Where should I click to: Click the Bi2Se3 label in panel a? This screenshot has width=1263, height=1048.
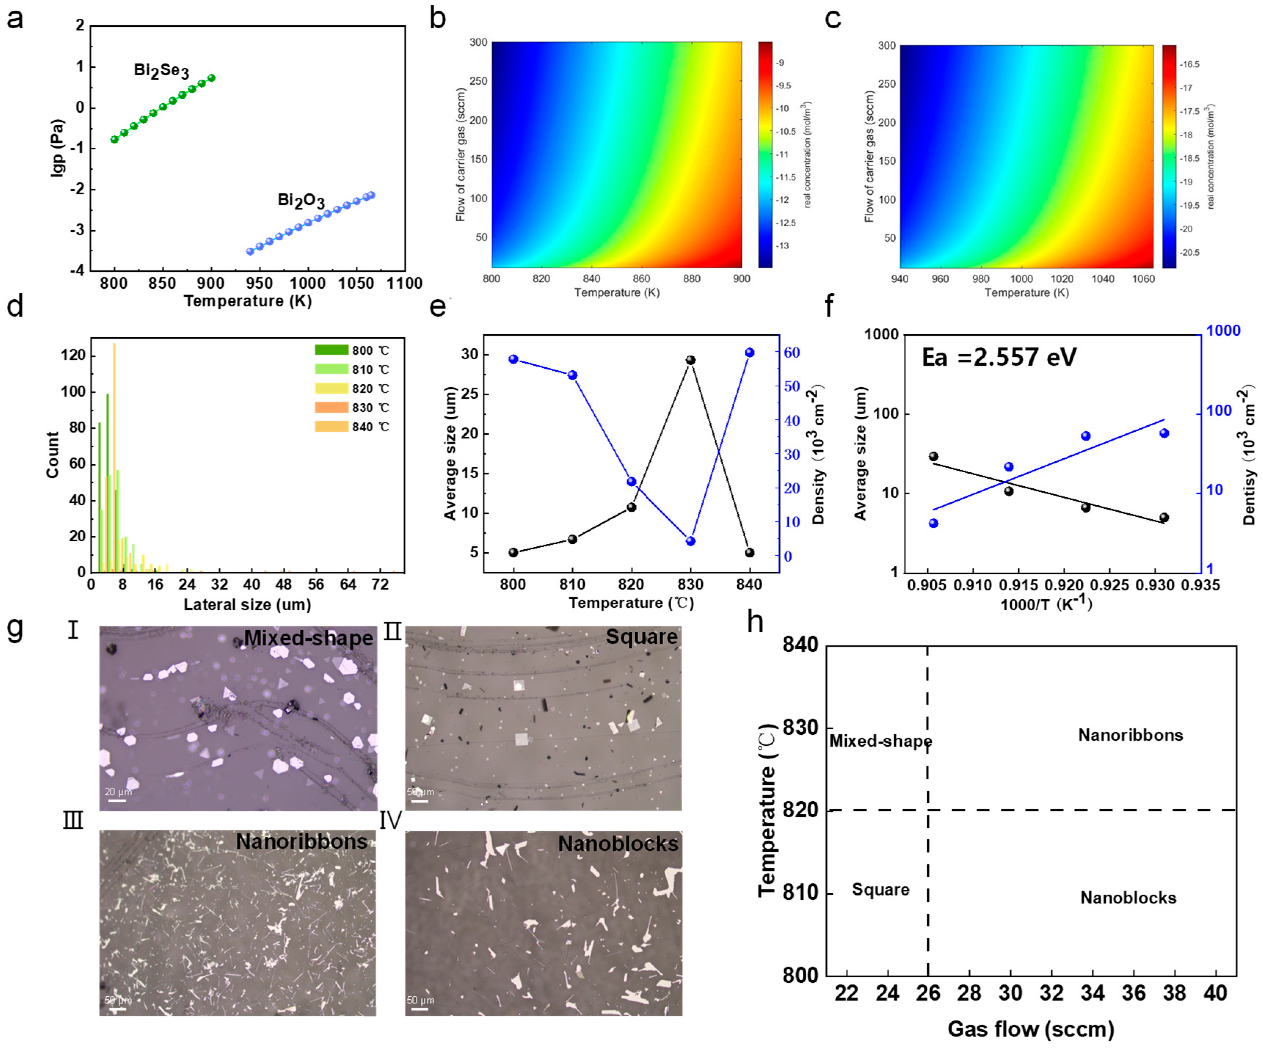pyautogui.click(x=161, y=71)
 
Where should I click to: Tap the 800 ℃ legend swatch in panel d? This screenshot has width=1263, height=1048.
pyautogui.click(x=331, y=350)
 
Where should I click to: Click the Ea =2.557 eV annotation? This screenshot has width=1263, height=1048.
pyautogui.click(x=999, y=357)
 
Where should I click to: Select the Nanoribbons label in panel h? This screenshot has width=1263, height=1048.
pyautogui.click(x=1130, y=735)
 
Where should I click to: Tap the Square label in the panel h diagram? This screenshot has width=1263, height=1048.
pyautogui.click(x=880, y=890)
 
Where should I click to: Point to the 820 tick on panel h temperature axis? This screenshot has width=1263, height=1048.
pyautogui.click(x=800, y=810)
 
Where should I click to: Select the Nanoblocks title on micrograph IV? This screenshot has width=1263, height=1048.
pyautogui.click(x=618, y=844)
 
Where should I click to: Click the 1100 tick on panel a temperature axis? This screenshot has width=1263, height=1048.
pyautogui.click(x=404, y=283)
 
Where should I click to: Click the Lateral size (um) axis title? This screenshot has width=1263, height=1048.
pyautogui.click(x=247, y=605)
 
